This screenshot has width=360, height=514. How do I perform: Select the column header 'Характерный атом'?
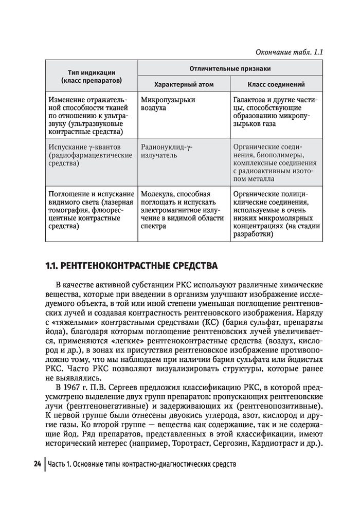184,84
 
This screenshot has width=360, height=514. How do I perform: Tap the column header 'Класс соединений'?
276,84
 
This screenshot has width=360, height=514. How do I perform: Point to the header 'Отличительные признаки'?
230,68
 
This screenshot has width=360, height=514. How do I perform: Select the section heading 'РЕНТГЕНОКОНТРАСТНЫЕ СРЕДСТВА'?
139,266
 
